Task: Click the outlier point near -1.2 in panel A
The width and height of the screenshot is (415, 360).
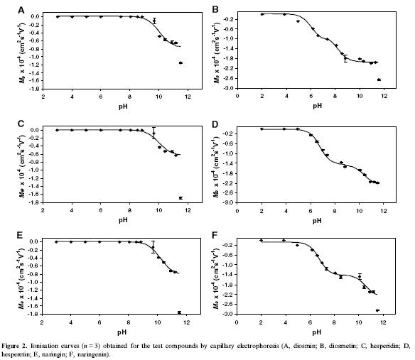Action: click(180, 62)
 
